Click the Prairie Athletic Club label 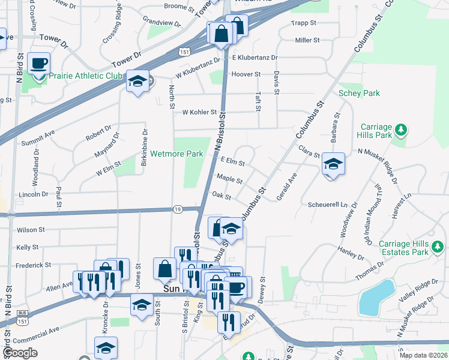(86, 76)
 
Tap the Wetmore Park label (176, 154)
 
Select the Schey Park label (359, 94)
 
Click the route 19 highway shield (178, 209)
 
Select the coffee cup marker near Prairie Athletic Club (39, 64)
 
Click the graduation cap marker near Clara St (333, 164)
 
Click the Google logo (20, 353)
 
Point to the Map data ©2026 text (423, 355)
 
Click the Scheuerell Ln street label (327, 205)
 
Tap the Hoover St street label (246, 74)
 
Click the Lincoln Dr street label (34, 194)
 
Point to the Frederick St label (34, 265)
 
